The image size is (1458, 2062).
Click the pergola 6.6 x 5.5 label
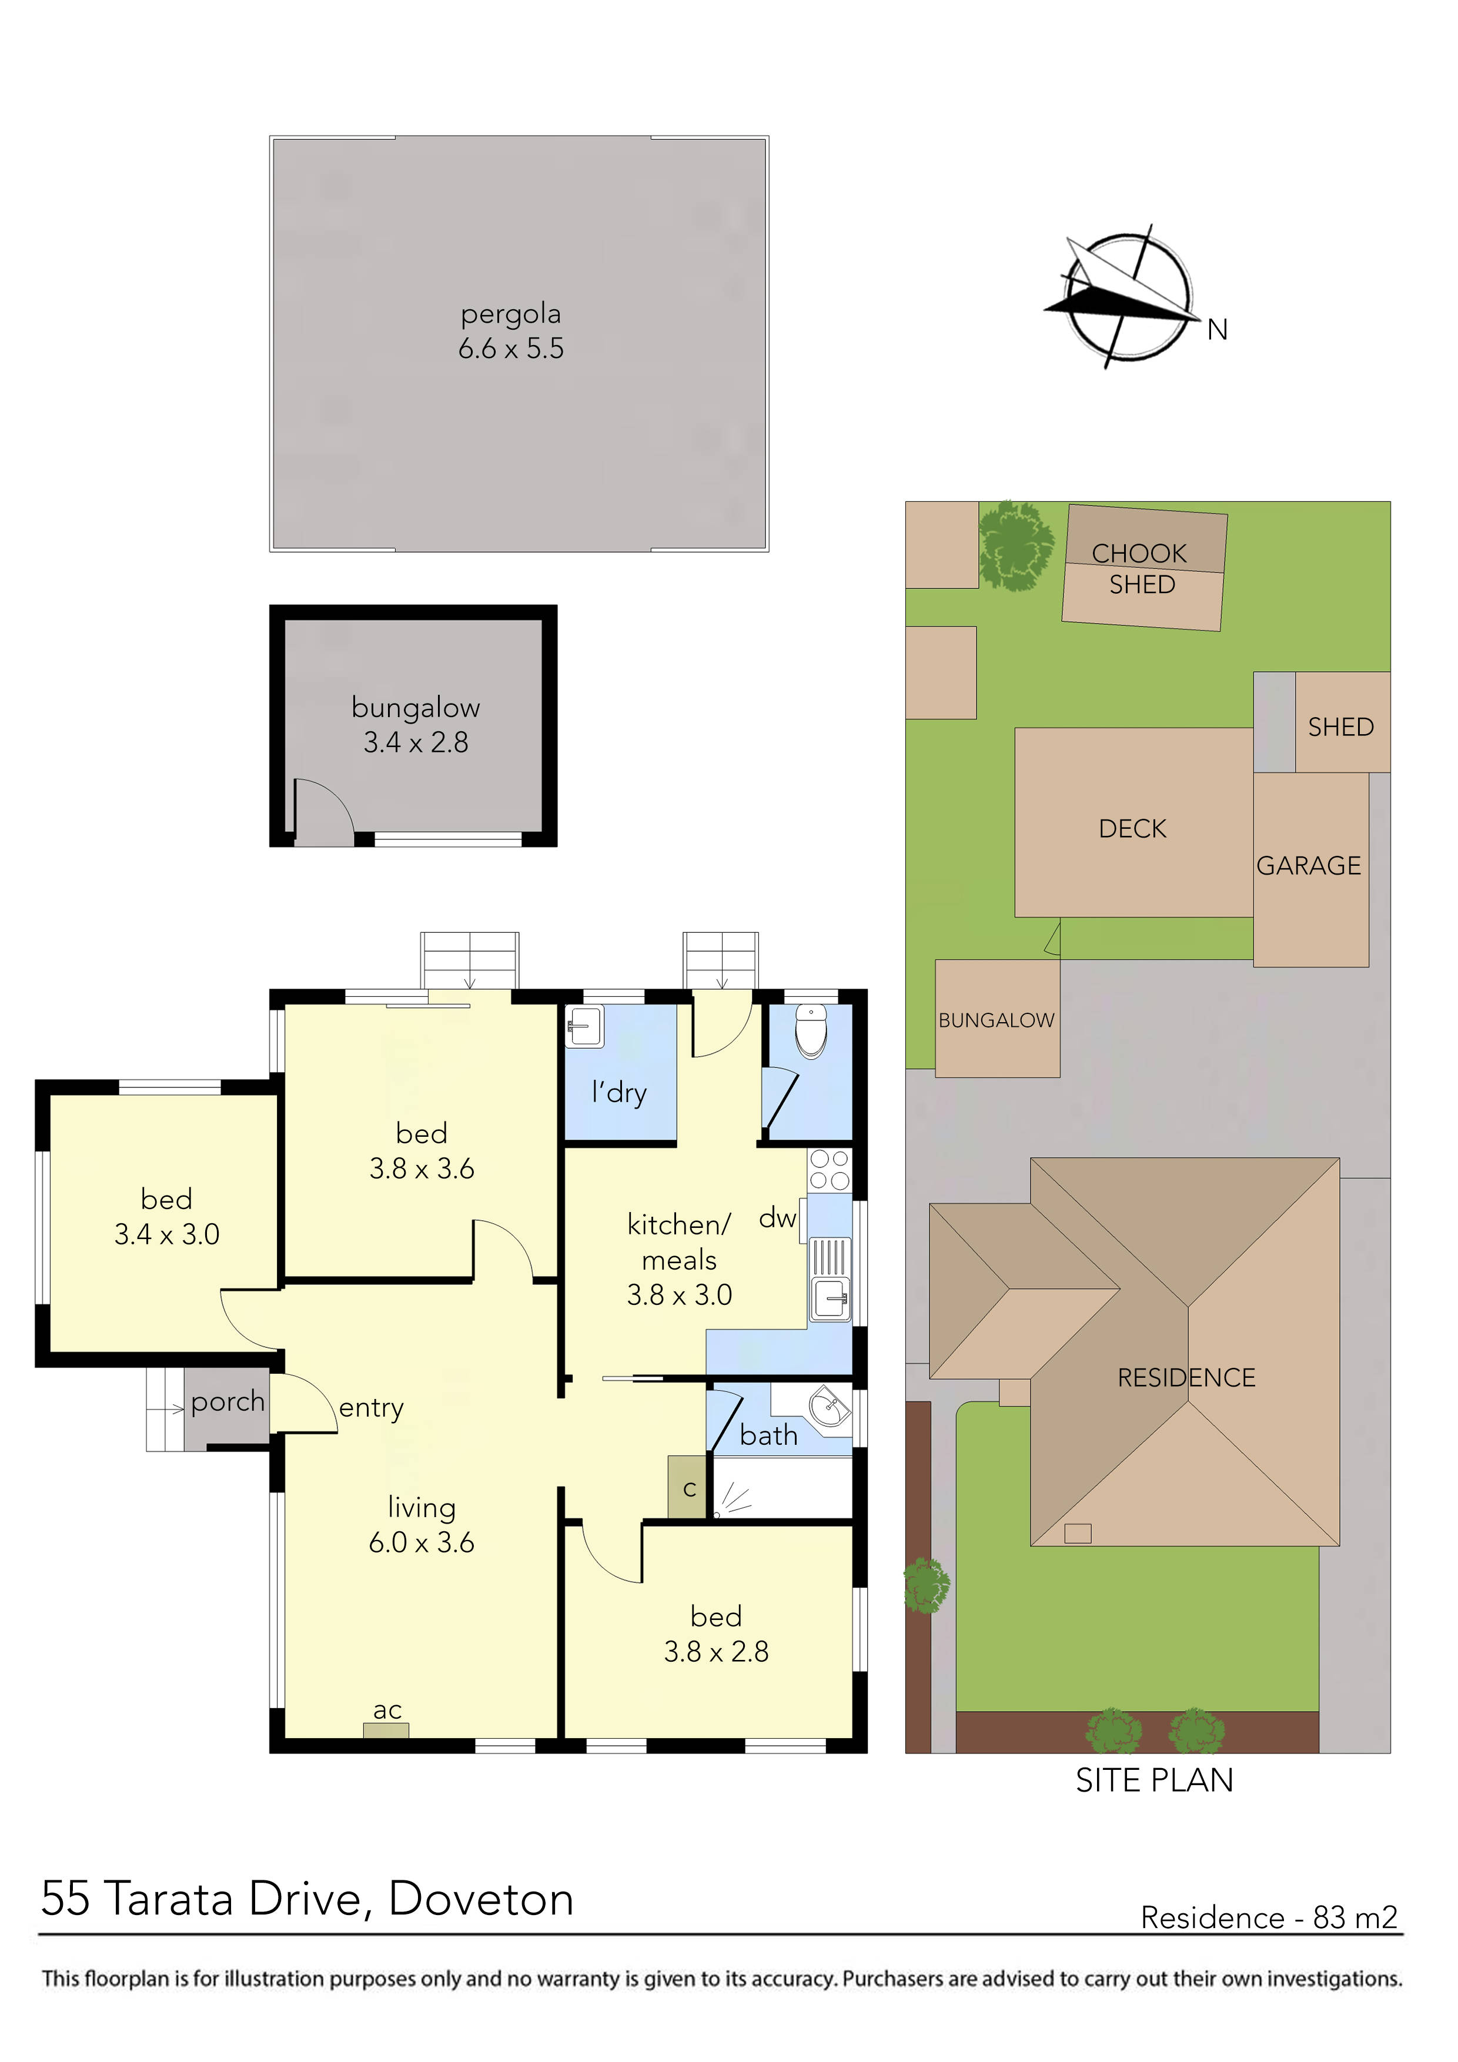pos(510,332)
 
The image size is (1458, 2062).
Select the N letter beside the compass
pos(1216,330)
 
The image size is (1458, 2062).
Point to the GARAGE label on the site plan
pos(1308,866)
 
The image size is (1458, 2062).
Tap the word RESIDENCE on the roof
pos(1186,1378)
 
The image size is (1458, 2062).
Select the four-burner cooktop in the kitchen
pos(829,1170)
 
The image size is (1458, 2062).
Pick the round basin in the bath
pos(829,1407)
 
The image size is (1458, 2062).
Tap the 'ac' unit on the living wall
pos(386,1730)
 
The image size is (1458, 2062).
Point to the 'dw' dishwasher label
pos(777,1218)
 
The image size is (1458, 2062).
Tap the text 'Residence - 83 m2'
pos(1269,1917)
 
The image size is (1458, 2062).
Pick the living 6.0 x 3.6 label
pos(422,1524)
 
